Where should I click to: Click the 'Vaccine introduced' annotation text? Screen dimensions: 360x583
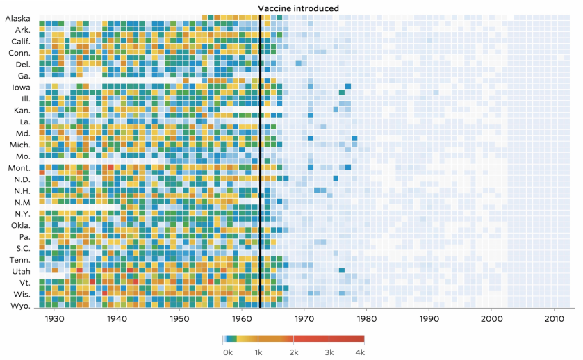(298, 8)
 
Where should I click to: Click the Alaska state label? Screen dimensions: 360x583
(17, 18)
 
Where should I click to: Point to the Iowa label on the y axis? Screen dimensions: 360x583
(20, 87)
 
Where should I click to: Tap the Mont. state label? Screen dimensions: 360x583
(19, 167)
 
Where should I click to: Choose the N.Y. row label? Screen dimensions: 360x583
(20, 213)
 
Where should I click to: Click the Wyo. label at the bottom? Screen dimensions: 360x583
(19, 305)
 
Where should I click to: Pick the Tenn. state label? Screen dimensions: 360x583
(19, 259)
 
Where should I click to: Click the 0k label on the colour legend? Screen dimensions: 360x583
(227, 352)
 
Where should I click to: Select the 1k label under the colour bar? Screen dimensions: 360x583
(258, 352)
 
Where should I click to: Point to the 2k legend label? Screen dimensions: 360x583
(293, 352)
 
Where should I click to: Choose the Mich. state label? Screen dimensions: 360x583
(19, 145)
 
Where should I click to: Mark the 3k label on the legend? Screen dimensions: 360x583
(329, 352)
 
